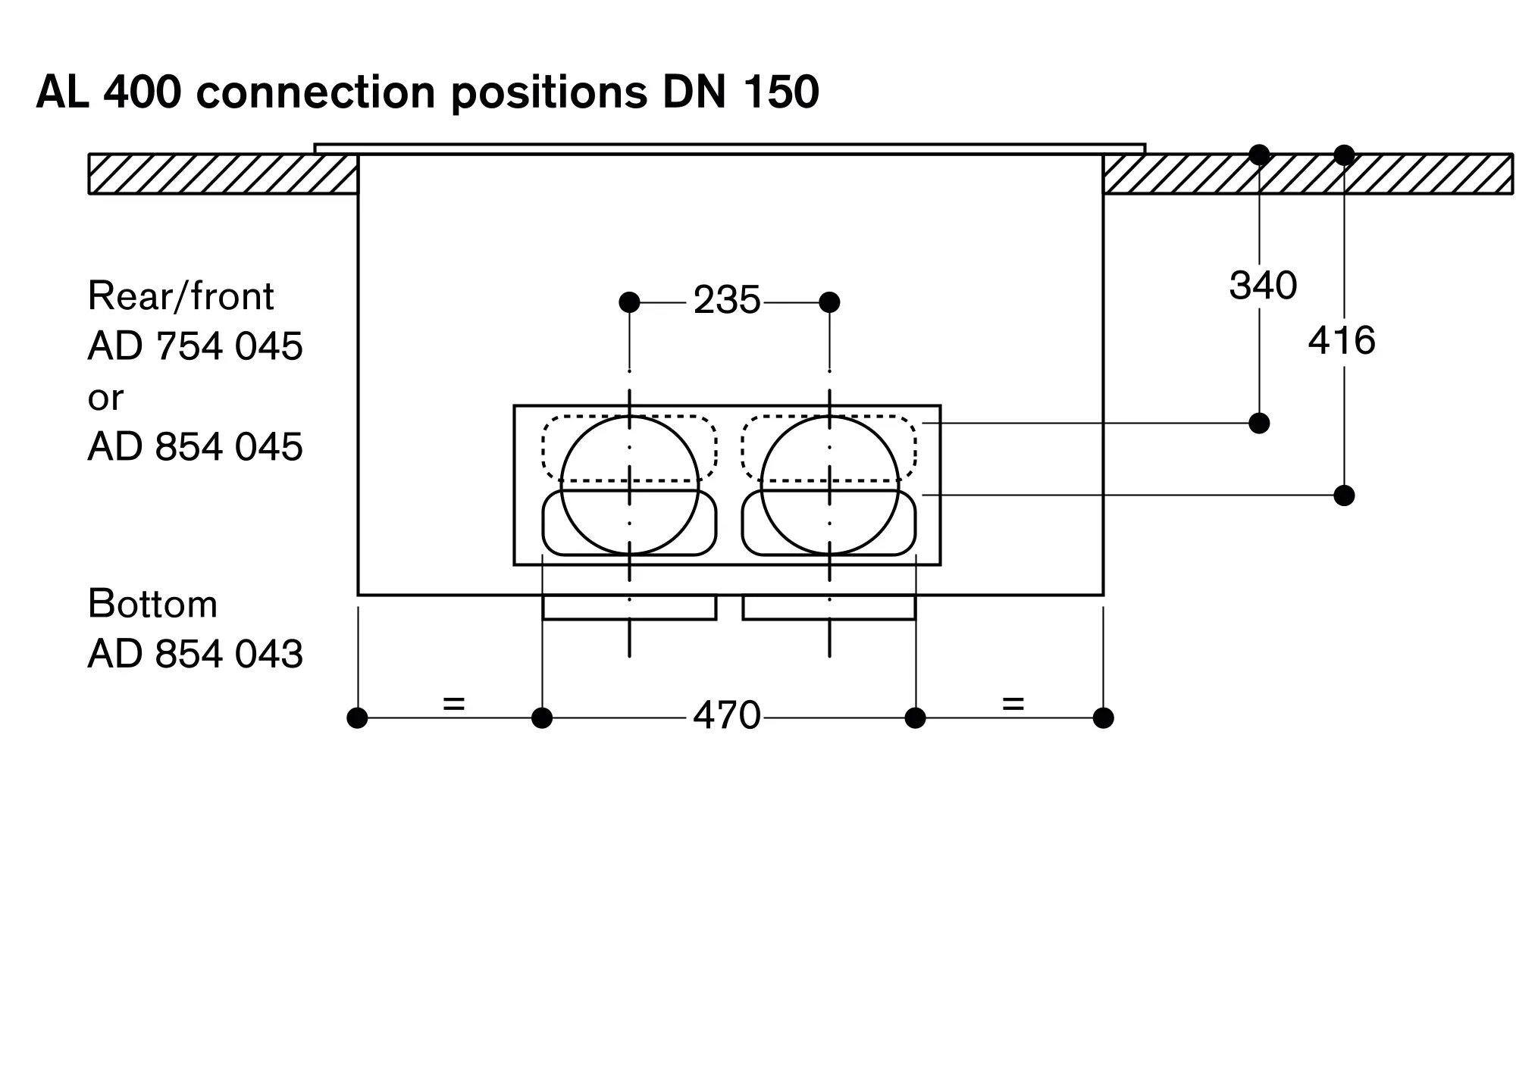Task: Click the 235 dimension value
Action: (x=726, y=301)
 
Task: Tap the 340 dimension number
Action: (x=1263, y=286)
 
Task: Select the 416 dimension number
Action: (x=1342, y=340)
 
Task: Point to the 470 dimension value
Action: (x=726, y=715)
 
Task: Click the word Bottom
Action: (x=152, y=604)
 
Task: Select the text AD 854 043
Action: (x=195, y=653)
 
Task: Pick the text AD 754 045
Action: (x=195, y=346)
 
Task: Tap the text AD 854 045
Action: (x=195, y=446)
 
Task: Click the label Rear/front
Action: (x=180, y=295)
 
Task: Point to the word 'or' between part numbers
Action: (x=105, y=397)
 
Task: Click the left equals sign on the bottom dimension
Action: (x=453, y=704)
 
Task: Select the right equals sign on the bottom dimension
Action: (x=1013, y=704)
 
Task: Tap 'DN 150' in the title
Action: (x=741, y=92)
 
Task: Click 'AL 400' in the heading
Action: (x=108, y=92)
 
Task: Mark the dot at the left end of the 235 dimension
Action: (x=629, y=302)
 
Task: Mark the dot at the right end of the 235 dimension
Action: (x=829, y=302)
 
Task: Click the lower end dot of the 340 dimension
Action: (x=1259, y=423)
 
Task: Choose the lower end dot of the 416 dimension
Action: (x=1344, y=496)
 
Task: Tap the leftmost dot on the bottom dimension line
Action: (x=357, y=718)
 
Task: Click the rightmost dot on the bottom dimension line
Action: (x=1103, y=718)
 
